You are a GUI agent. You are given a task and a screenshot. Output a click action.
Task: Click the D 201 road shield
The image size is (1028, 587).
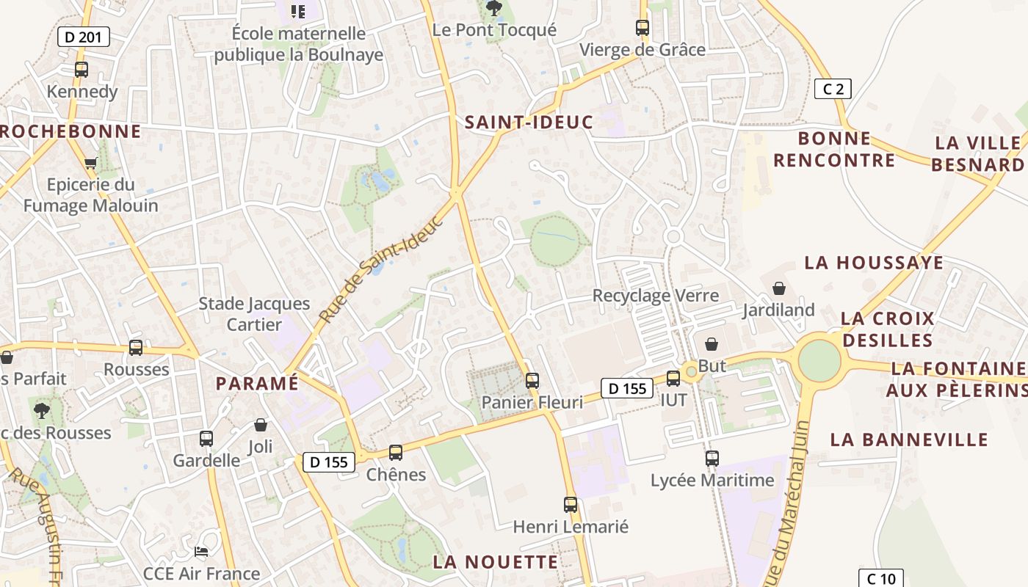[x=84, y=37]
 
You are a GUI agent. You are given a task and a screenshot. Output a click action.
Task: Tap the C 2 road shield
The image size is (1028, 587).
[x=833, y=90]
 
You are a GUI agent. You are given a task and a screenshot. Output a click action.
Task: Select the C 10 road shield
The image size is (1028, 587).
[x=880, y=578]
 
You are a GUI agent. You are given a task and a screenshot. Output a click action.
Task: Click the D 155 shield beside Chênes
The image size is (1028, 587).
[x=328, y=462]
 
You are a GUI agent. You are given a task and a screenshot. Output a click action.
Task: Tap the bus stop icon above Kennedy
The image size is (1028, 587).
[x=82, y=70]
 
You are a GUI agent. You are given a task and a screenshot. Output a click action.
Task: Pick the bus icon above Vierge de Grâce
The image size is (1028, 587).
[x=642, y=28]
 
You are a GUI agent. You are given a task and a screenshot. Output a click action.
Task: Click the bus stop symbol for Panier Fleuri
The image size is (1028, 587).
[x=532, y=381]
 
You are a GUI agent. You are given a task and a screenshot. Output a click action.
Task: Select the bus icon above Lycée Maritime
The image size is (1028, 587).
[x=712, y=459]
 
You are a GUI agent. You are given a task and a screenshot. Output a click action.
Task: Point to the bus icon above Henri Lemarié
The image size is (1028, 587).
[x=571, y=505]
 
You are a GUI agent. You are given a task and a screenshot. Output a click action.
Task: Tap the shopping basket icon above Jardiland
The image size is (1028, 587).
[x=778, y=288]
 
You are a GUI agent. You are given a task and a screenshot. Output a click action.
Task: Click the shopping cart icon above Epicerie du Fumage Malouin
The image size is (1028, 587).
[x=90, y=163]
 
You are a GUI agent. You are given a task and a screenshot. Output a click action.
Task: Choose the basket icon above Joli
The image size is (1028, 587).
[x=261, y=425]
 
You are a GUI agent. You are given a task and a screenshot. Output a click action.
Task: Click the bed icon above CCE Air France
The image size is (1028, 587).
[x=201, y=551]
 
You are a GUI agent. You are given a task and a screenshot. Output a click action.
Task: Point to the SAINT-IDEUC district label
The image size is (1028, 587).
[x=529, y=123]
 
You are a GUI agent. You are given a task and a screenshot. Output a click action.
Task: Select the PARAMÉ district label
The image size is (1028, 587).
[x=257, y=383]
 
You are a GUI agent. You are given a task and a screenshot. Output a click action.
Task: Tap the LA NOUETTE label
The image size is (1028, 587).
[x=496, y=562]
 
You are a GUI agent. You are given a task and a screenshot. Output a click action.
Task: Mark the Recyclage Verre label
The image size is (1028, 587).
[x=656, y=296]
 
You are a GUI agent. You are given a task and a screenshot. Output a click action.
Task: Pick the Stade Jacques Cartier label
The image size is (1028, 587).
[x=254, y=314]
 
